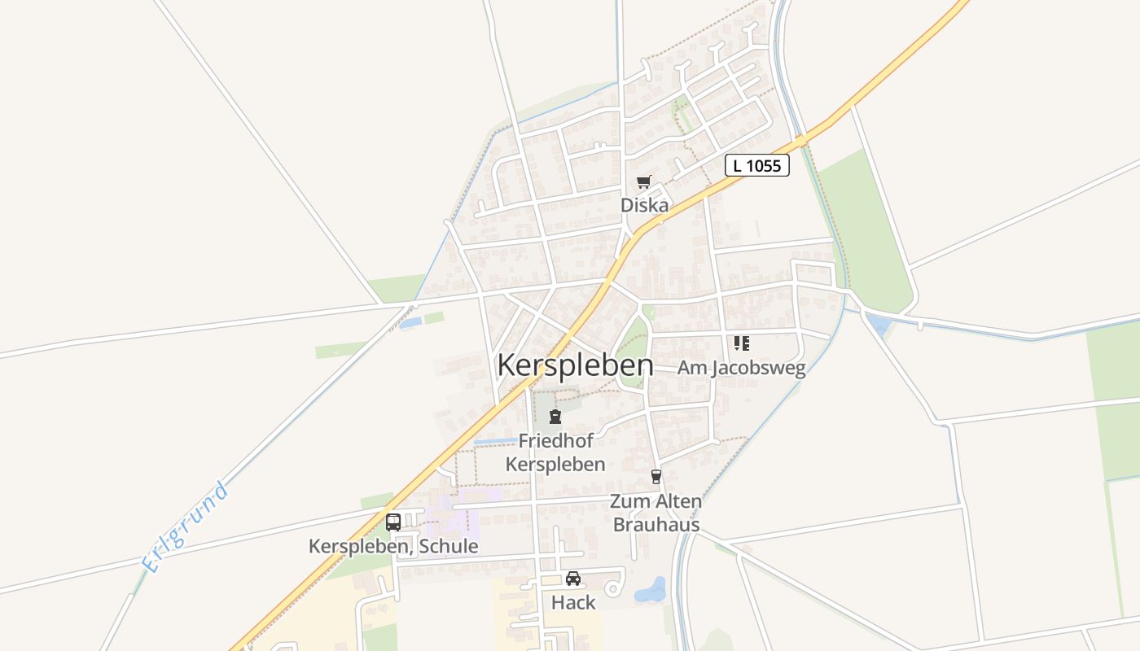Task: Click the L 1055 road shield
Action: pyautogui.click(x=756, y=166)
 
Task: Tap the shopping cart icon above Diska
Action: pyautogui.click(x=644, y=181)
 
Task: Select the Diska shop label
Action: pyautogui.click(x=644, y=205)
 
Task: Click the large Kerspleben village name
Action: pyautogui.click(x=575, y=365)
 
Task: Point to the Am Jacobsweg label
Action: pyautogui.click(x=741, y=368)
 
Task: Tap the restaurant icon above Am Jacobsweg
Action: pyautogui.click(x=741, y=343)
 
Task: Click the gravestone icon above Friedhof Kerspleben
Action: pyautogui.click(x=555, y=417)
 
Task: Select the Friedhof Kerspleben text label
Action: pyautogui.click(x=555, y=452)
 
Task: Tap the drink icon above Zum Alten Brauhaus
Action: pyautogui.click(x=656, y=477)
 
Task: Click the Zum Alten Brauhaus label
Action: pyautogui.click(x=655, y=513)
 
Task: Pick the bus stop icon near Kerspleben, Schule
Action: pyautogui.click(x=393, y=522)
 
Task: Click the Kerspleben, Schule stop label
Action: pyautogui.click(x=393, y=546)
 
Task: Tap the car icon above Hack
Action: pyautogui.click(x=573, y=579)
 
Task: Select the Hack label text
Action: pyautogui.click(x=573, y=602)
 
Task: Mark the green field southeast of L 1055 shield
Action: pyautogui.click(x=863, y=228)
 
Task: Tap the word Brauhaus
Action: pyautogui.click(x=655, y=524)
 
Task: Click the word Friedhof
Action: pyautogui.click(x=555, y=441)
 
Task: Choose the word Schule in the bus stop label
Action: pyautogui.click(x=448, y=546)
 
